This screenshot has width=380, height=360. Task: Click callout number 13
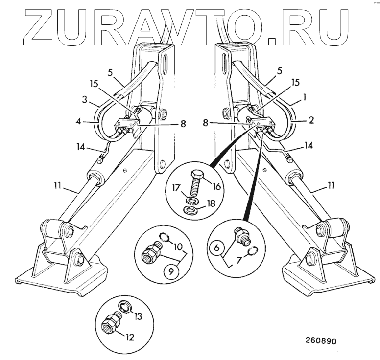(139, 316)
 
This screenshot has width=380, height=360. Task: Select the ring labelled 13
(125, 307)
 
